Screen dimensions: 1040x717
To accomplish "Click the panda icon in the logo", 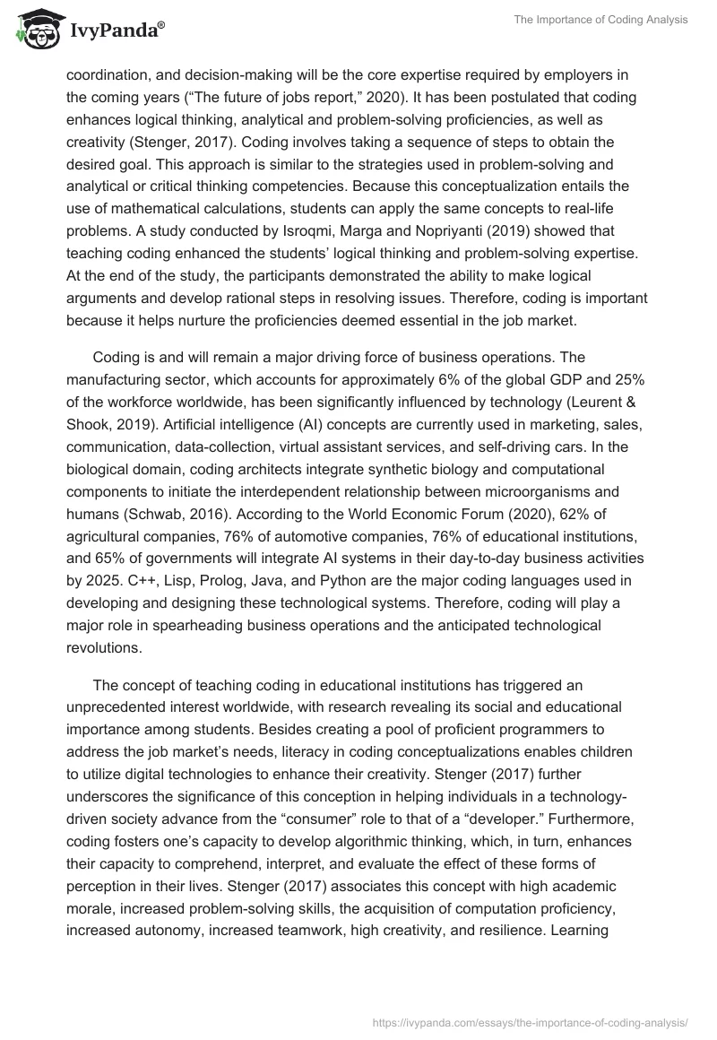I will [36, 30].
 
